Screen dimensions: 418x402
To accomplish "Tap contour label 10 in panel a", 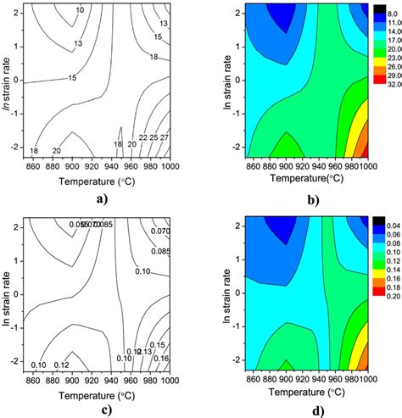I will point(80,10).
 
